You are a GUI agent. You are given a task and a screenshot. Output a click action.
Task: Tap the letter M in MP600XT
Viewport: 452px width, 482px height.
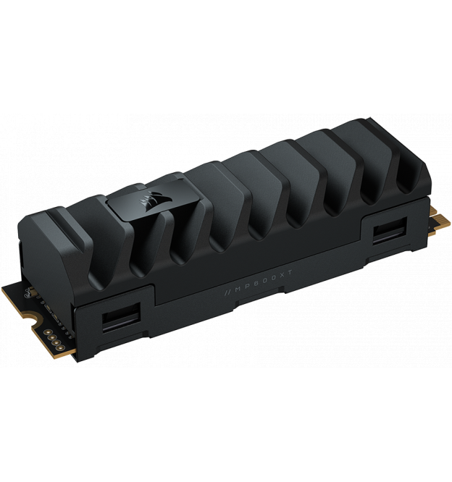coord(238,289)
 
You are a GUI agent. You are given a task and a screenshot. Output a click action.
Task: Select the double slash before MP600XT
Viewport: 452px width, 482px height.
coord(228,292)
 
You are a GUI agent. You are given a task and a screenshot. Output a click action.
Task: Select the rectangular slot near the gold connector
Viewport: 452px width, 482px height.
coord(390,230)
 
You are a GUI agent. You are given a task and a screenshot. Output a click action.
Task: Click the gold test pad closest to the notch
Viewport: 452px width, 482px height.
coord(47,332)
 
